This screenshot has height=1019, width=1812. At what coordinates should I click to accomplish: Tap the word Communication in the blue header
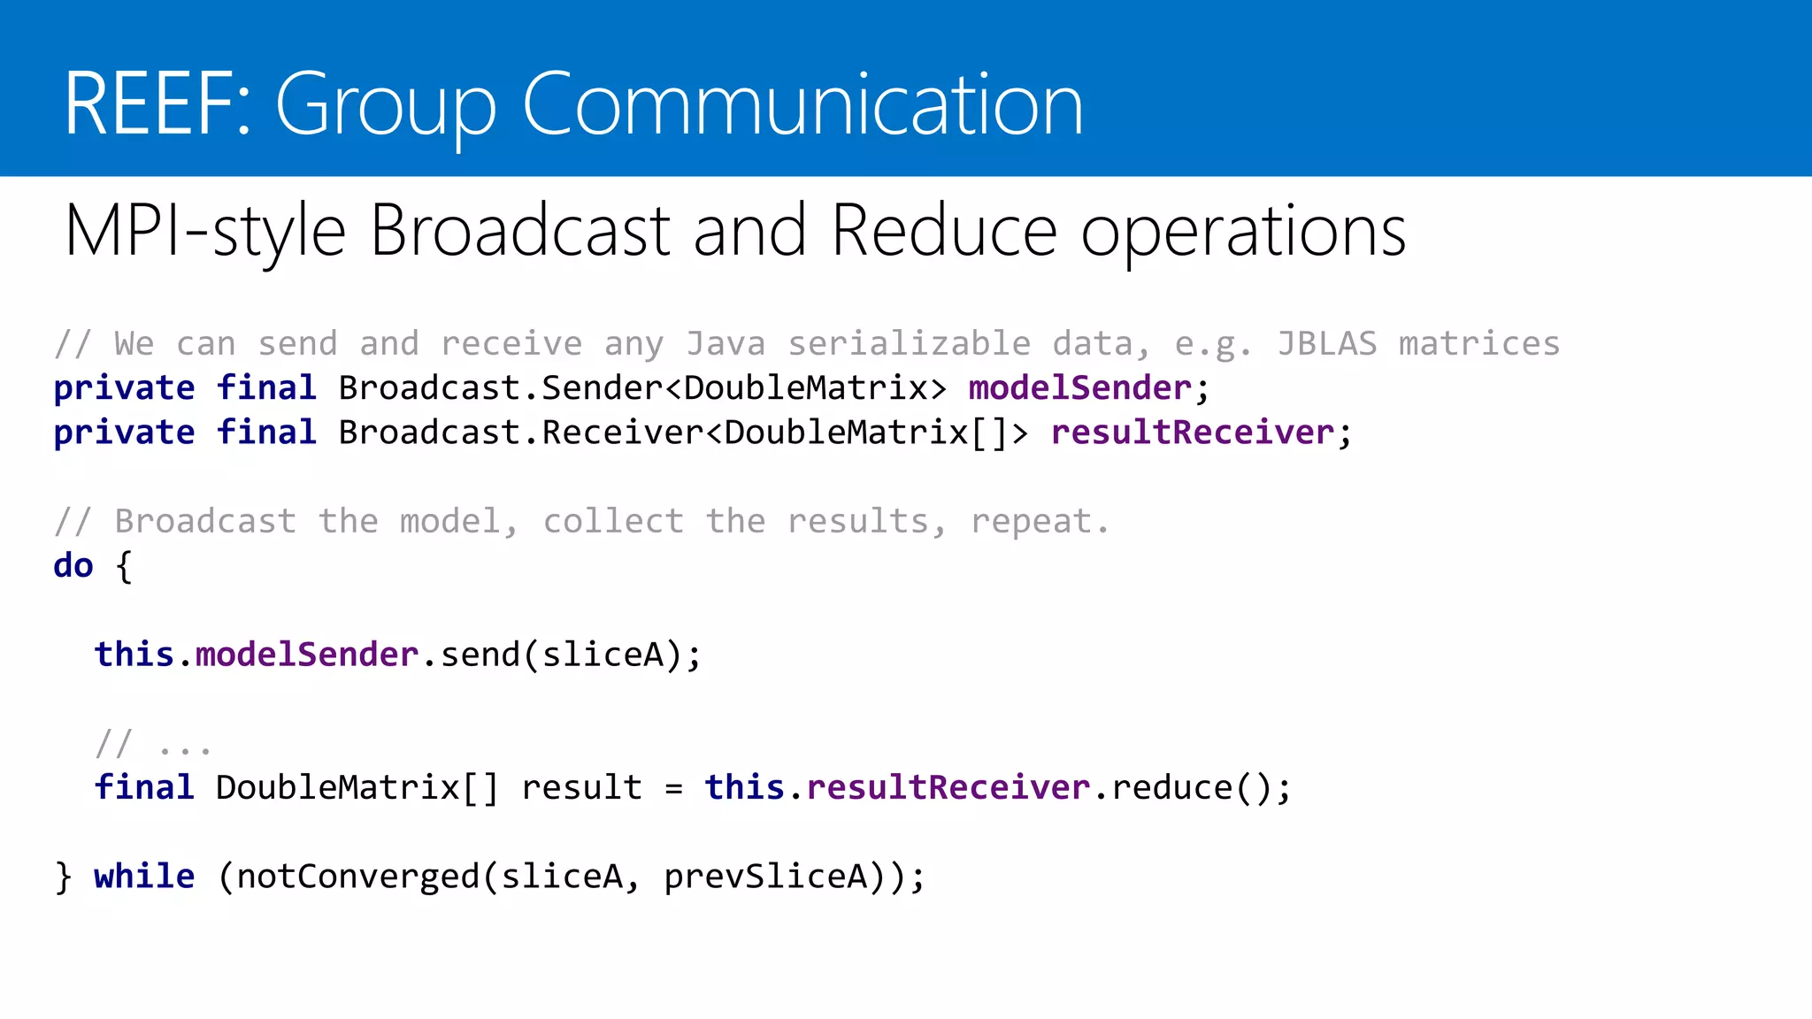(802, 104)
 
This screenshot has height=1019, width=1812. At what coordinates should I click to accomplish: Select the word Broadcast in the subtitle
(519, 231)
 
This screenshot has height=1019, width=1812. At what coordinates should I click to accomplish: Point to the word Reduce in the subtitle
(944, 231)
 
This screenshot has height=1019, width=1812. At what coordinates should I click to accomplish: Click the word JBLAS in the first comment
(1327, 343)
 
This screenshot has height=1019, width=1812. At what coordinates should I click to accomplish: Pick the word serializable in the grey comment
(909, 343)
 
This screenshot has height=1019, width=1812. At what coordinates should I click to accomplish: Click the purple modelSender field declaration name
(1080, 387)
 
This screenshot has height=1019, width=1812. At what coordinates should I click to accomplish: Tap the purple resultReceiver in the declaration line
(1192, 432)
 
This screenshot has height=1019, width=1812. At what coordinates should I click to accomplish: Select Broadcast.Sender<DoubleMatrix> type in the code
(642, 387)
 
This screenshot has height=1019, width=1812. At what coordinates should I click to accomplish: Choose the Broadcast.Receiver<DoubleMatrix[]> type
(683, 432)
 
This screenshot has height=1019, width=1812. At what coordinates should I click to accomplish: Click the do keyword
(73, 565)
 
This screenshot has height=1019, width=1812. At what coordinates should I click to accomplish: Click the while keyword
(144, 876)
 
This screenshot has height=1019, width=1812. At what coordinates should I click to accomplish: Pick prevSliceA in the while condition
(766, 876)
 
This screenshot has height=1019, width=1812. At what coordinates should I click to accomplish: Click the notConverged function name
(357, 876)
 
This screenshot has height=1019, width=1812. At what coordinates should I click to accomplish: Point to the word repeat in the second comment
(1032, 522)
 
